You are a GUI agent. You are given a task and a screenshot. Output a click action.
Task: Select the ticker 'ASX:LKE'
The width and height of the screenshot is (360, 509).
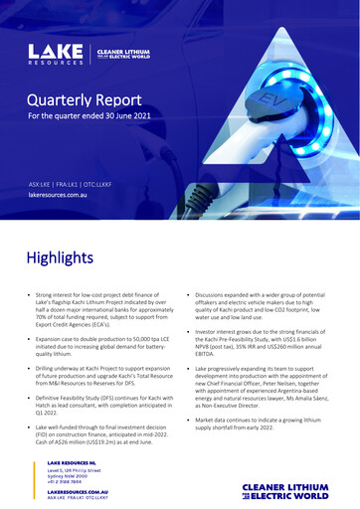(x=44, y=185)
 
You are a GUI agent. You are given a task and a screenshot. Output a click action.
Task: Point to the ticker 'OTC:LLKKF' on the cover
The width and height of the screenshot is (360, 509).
(x=118, y=185)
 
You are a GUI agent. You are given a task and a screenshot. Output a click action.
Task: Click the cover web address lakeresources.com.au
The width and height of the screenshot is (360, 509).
(x=67, y=197)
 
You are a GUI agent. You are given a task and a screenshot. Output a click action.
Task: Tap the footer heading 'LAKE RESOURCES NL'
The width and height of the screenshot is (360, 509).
(x=71, y=463)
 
